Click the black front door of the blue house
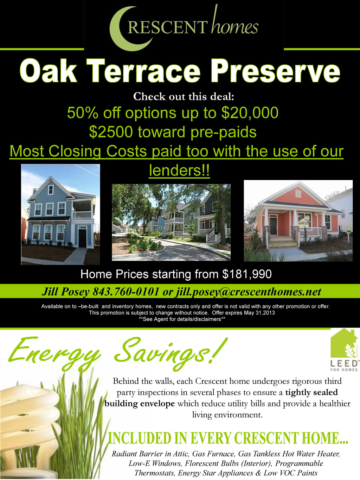click(x=82, y=238)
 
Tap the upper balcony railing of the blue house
click(x=82, y=215)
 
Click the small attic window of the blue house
click(x=51, y=190)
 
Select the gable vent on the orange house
click(x=298, y=193)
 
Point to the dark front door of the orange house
click(x=273, y=225)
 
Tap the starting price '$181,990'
click(x=247, y=274)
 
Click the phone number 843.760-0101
click(x=126, y=292)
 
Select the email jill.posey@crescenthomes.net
click(x=248, y=292)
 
